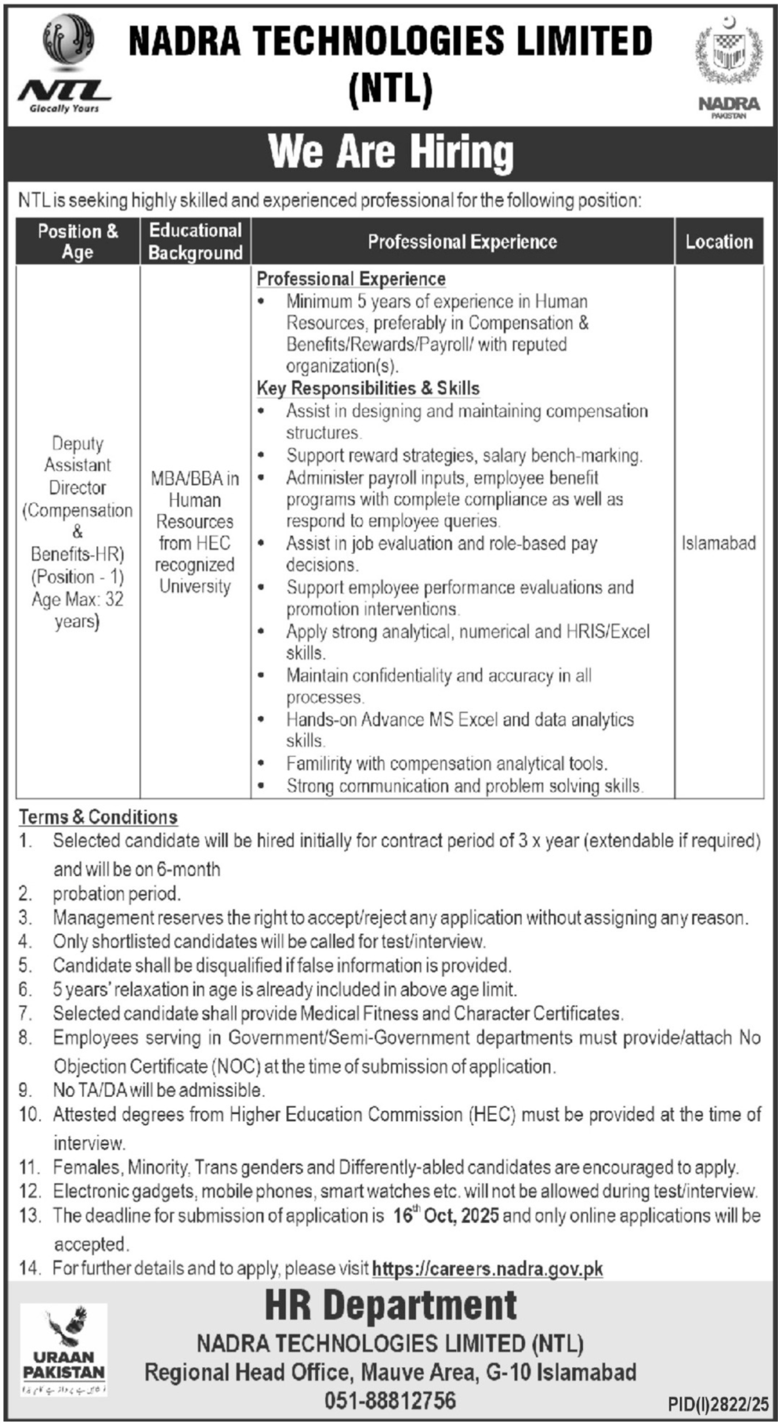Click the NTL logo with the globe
click(x=64, y=65)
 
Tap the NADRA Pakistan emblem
click(x=729, y=66)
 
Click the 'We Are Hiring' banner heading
click(x=390, y=153)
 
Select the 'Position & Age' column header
click(x=78, y=241)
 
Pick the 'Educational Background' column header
click(x=195, y=241)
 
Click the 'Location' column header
click(x=719, y=242)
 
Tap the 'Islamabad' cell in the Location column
click(x=719, y=543)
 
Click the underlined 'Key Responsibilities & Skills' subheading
click(x=368, y=388)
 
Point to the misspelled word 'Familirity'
click(x=318, y=764)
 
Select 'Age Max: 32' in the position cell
click(x=78, y=600)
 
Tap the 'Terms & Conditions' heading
click(x=98, y=817)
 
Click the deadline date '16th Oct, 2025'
click(x=446, y=1216)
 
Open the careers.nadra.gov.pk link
click(x=487, y=1268)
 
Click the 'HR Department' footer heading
click(x=390, y=1306)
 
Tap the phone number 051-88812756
click(x=390, y=1400)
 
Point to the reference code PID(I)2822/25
click(x=718, y=1404)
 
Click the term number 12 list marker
click(x=29, y=1191)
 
